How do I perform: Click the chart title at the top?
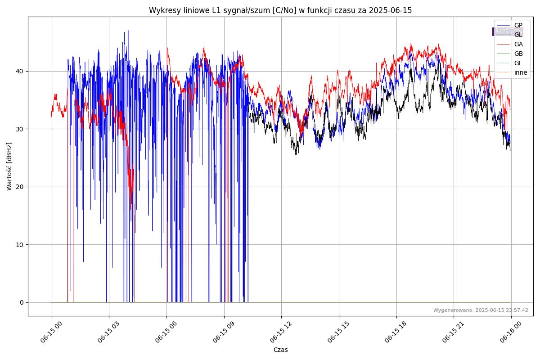tap(280, 10)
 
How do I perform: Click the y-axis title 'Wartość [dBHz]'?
tap(9, 166)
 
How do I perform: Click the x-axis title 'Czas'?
tap(280, 350)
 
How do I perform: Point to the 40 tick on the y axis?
tap(20, 71)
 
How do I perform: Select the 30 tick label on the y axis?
tap(20, 129)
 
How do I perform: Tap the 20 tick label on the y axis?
tap(20, 187)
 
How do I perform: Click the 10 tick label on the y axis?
tap(20, 245)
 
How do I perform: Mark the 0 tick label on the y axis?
tap(22, 302)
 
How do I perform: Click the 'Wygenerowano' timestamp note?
tap(481, 310)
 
